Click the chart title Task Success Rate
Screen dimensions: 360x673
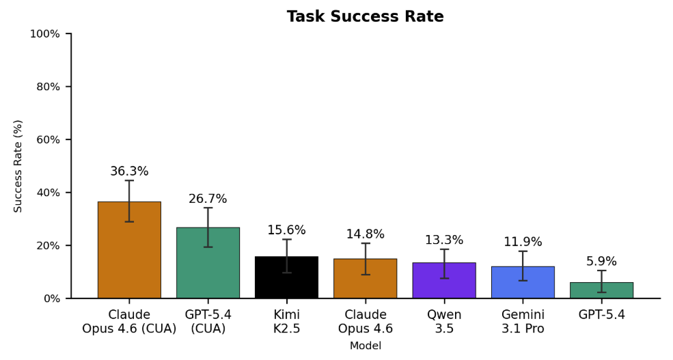point(365,17)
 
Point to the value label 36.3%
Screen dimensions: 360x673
point(129,171)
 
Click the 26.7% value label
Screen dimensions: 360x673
point(208,199)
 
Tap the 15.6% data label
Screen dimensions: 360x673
point(286,230)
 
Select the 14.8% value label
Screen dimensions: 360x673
point(365,234)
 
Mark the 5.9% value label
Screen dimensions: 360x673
point(601,262)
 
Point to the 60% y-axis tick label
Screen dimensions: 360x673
point(48,140)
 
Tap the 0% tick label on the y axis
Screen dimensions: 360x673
point(52,299)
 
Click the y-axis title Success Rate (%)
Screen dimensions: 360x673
point(18,166)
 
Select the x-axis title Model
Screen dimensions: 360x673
point(365,346)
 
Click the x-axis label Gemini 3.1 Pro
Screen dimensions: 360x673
point(523,322)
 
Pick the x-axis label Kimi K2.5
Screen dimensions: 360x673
point(286,322)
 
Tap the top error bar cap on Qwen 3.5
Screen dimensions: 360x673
point(444,249)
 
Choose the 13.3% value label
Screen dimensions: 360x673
point(444,240)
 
